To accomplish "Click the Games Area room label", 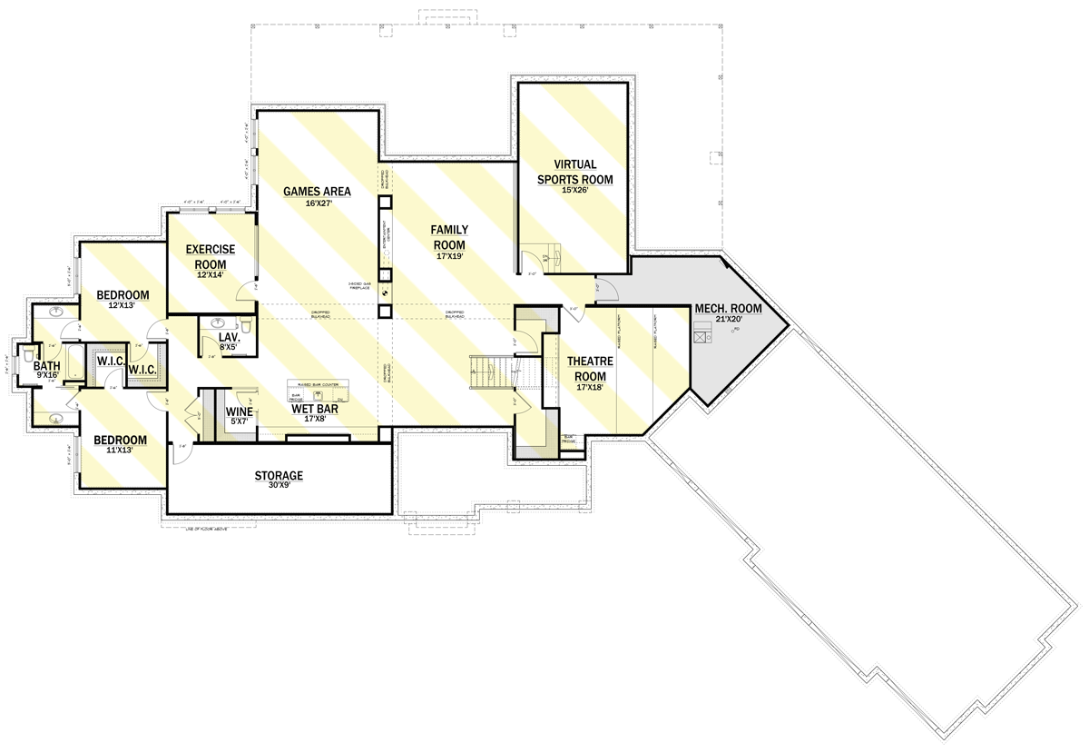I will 317,192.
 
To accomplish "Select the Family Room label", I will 448,237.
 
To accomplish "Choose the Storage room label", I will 279,475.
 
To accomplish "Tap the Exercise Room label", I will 211,256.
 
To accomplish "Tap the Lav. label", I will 229,337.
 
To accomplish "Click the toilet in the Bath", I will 28,354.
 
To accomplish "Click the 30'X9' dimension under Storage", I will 279,487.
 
